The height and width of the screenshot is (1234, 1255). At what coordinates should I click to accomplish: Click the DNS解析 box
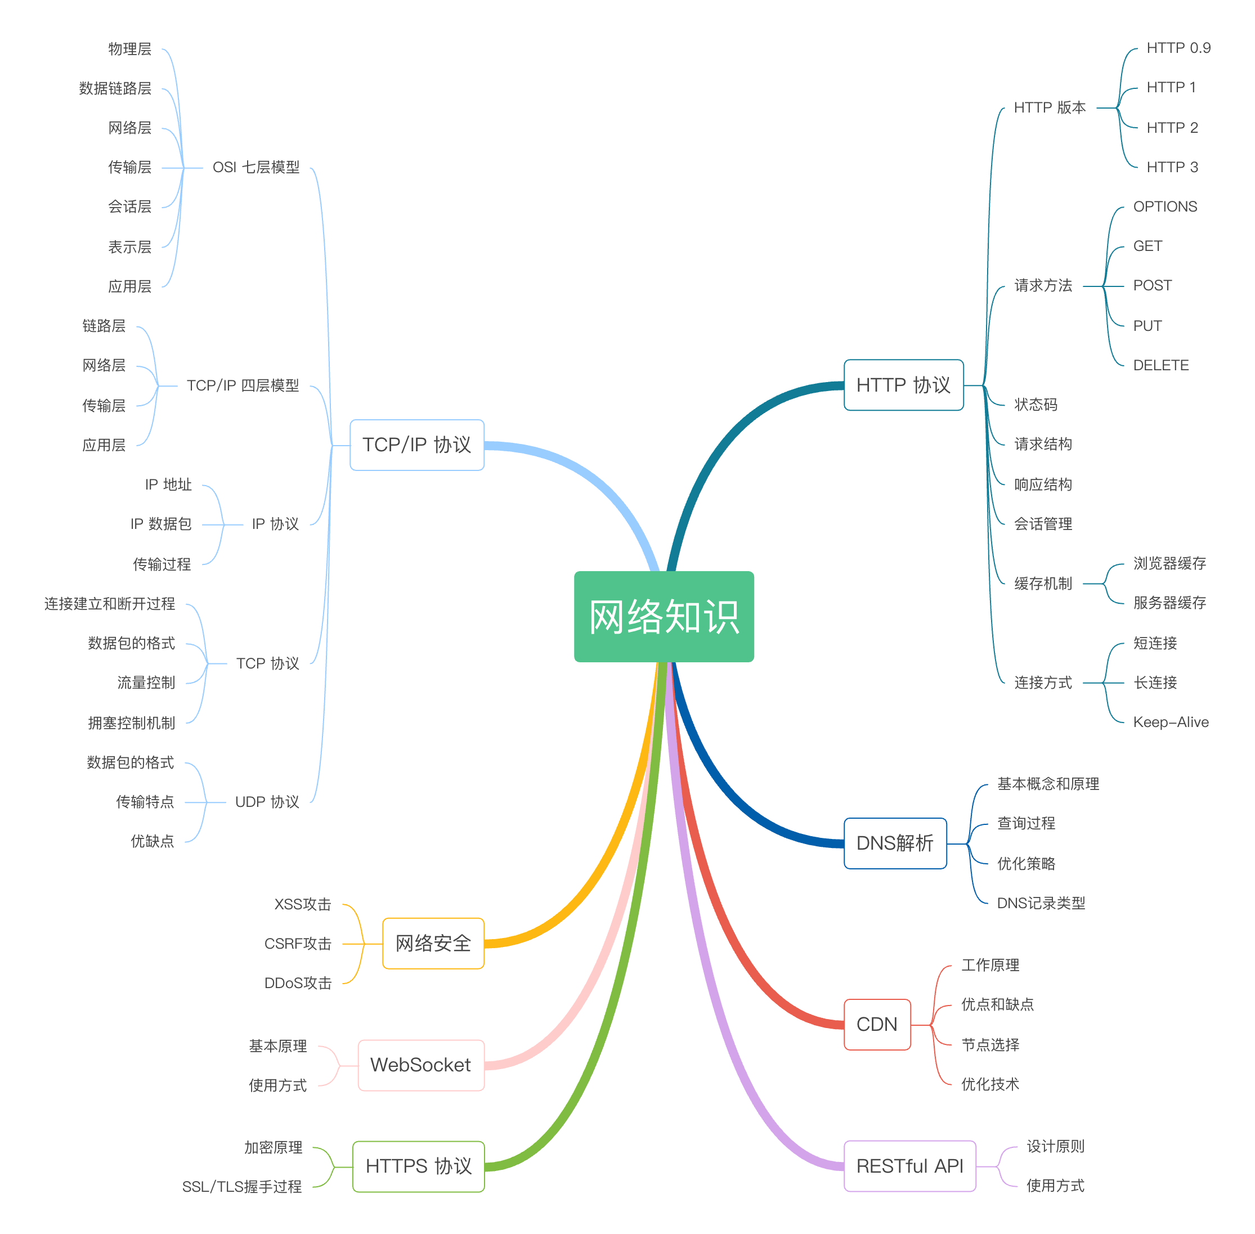click(x=895, y=842)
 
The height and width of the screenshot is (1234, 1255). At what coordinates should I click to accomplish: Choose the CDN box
click(x=876, y=1024)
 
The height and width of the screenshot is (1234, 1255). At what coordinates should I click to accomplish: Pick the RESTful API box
click(x=909, y=1166)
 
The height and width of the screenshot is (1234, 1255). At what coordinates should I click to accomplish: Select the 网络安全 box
click(x=432, y=943)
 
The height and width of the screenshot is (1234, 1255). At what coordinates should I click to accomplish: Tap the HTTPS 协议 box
click(x=418, y=1166)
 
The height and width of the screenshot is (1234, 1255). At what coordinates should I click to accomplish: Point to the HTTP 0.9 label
click(x=1178, y=48)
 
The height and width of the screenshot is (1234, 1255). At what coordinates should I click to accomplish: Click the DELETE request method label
click(x=1160, y=366)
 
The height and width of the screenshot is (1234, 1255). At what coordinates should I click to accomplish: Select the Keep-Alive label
click(x=1170, y=722)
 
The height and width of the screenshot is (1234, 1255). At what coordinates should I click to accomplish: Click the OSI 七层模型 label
click(x=256, y=167)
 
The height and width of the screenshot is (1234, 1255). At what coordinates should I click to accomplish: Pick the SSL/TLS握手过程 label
click(x=242, y=1186)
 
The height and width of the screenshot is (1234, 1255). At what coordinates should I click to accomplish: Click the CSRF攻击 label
click(x=298, y=944)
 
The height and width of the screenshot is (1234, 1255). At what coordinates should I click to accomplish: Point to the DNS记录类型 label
click(x=1041, y=903)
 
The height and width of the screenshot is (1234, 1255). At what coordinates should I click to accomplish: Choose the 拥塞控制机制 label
click(x=132, y=723)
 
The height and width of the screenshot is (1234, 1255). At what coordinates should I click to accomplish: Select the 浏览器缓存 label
click(x=1169, y=563)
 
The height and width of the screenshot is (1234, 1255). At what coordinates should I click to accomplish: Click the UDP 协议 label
click(x=267, y=802)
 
